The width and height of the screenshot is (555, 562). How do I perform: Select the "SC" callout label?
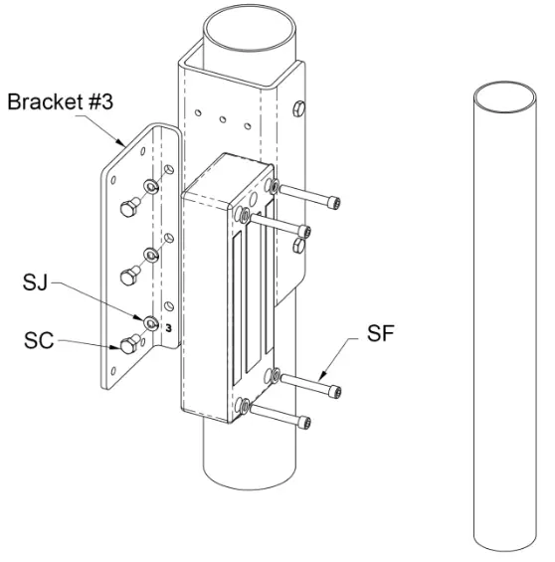[x=39, y=343]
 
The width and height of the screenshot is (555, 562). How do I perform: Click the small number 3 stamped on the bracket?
[x=169, y=326]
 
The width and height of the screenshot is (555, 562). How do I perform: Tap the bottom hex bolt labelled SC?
[x=127, y=345]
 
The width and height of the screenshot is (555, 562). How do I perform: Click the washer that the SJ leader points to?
[x=150, y=322]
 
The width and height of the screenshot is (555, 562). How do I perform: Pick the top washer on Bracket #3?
[x=150, y=187]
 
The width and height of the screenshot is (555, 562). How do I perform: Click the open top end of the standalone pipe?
[x=505, y=97]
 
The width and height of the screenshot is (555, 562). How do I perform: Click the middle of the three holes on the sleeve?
[x=226, y=120]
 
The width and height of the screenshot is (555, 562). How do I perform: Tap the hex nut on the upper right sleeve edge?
[x=301, y=107]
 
